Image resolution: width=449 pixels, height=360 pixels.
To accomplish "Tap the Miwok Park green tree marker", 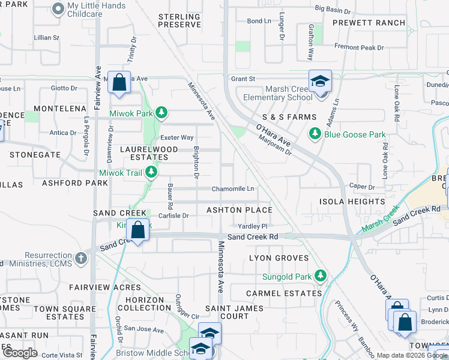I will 161,113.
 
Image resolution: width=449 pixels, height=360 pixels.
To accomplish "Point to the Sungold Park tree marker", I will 321,276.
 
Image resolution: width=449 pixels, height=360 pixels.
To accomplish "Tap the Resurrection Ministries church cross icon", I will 81,258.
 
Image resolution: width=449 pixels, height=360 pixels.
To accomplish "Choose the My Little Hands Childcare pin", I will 58,8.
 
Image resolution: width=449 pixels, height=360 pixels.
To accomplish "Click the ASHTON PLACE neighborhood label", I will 240,210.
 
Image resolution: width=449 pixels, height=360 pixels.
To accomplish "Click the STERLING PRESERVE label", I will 179,20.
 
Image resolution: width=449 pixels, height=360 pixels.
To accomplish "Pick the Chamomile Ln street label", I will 232,189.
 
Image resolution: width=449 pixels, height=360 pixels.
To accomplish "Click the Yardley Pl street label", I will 252,226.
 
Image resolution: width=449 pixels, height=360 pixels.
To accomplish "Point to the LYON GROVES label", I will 279,258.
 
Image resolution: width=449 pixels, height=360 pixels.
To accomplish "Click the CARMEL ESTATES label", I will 284,293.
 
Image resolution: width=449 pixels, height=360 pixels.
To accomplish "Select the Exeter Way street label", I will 178,137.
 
